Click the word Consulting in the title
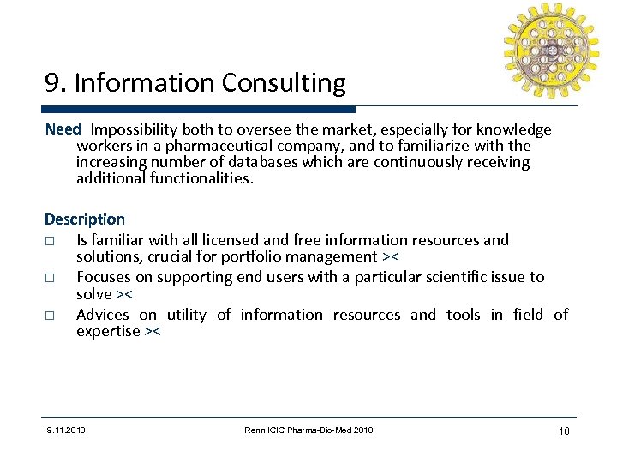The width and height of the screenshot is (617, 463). [284, 83]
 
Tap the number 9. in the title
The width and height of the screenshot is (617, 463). [56, 83]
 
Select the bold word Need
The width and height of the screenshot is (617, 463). [63, 129]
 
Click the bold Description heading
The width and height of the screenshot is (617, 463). [85, 219]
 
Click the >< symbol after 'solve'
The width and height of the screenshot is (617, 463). [124, 293]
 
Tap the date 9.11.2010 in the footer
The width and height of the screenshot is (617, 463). [66, 430]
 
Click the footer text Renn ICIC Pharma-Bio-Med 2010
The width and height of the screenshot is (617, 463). [308, 430]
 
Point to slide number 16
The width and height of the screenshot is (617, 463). [563, 430]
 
